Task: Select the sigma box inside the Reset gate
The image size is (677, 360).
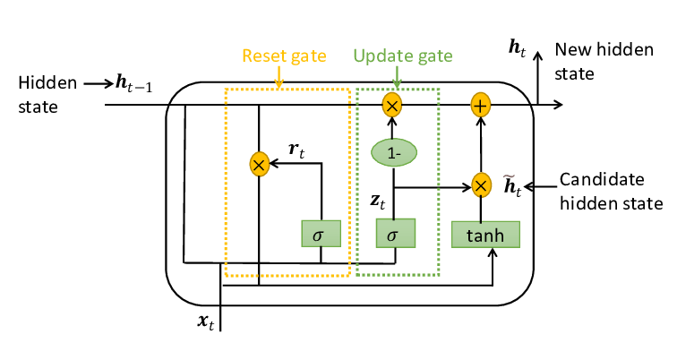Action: pos(321,235)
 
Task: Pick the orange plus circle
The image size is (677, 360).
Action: pos(482,106)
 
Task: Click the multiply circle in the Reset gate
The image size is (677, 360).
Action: pos(259,164)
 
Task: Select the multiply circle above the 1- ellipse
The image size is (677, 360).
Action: pos(391,106)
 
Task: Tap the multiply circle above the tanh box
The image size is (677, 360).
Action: pos(482,185)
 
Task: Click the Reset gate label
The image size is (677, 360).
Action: pos(279,55)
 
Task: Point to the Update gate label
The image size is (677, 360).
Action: pos(397,55)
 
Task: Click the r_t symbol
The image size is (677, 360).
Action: pos(297,150)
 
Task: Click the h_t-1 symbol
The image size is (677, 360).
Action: pos(134,83)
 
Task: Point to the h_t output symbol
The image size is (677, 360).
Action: pos(517,50)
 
